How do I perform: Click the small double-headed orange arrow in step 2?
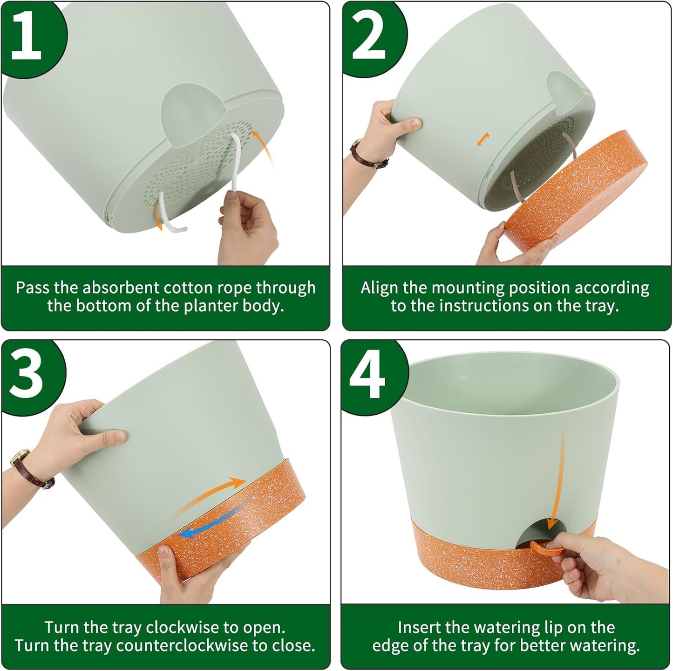tap(484, 138)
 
